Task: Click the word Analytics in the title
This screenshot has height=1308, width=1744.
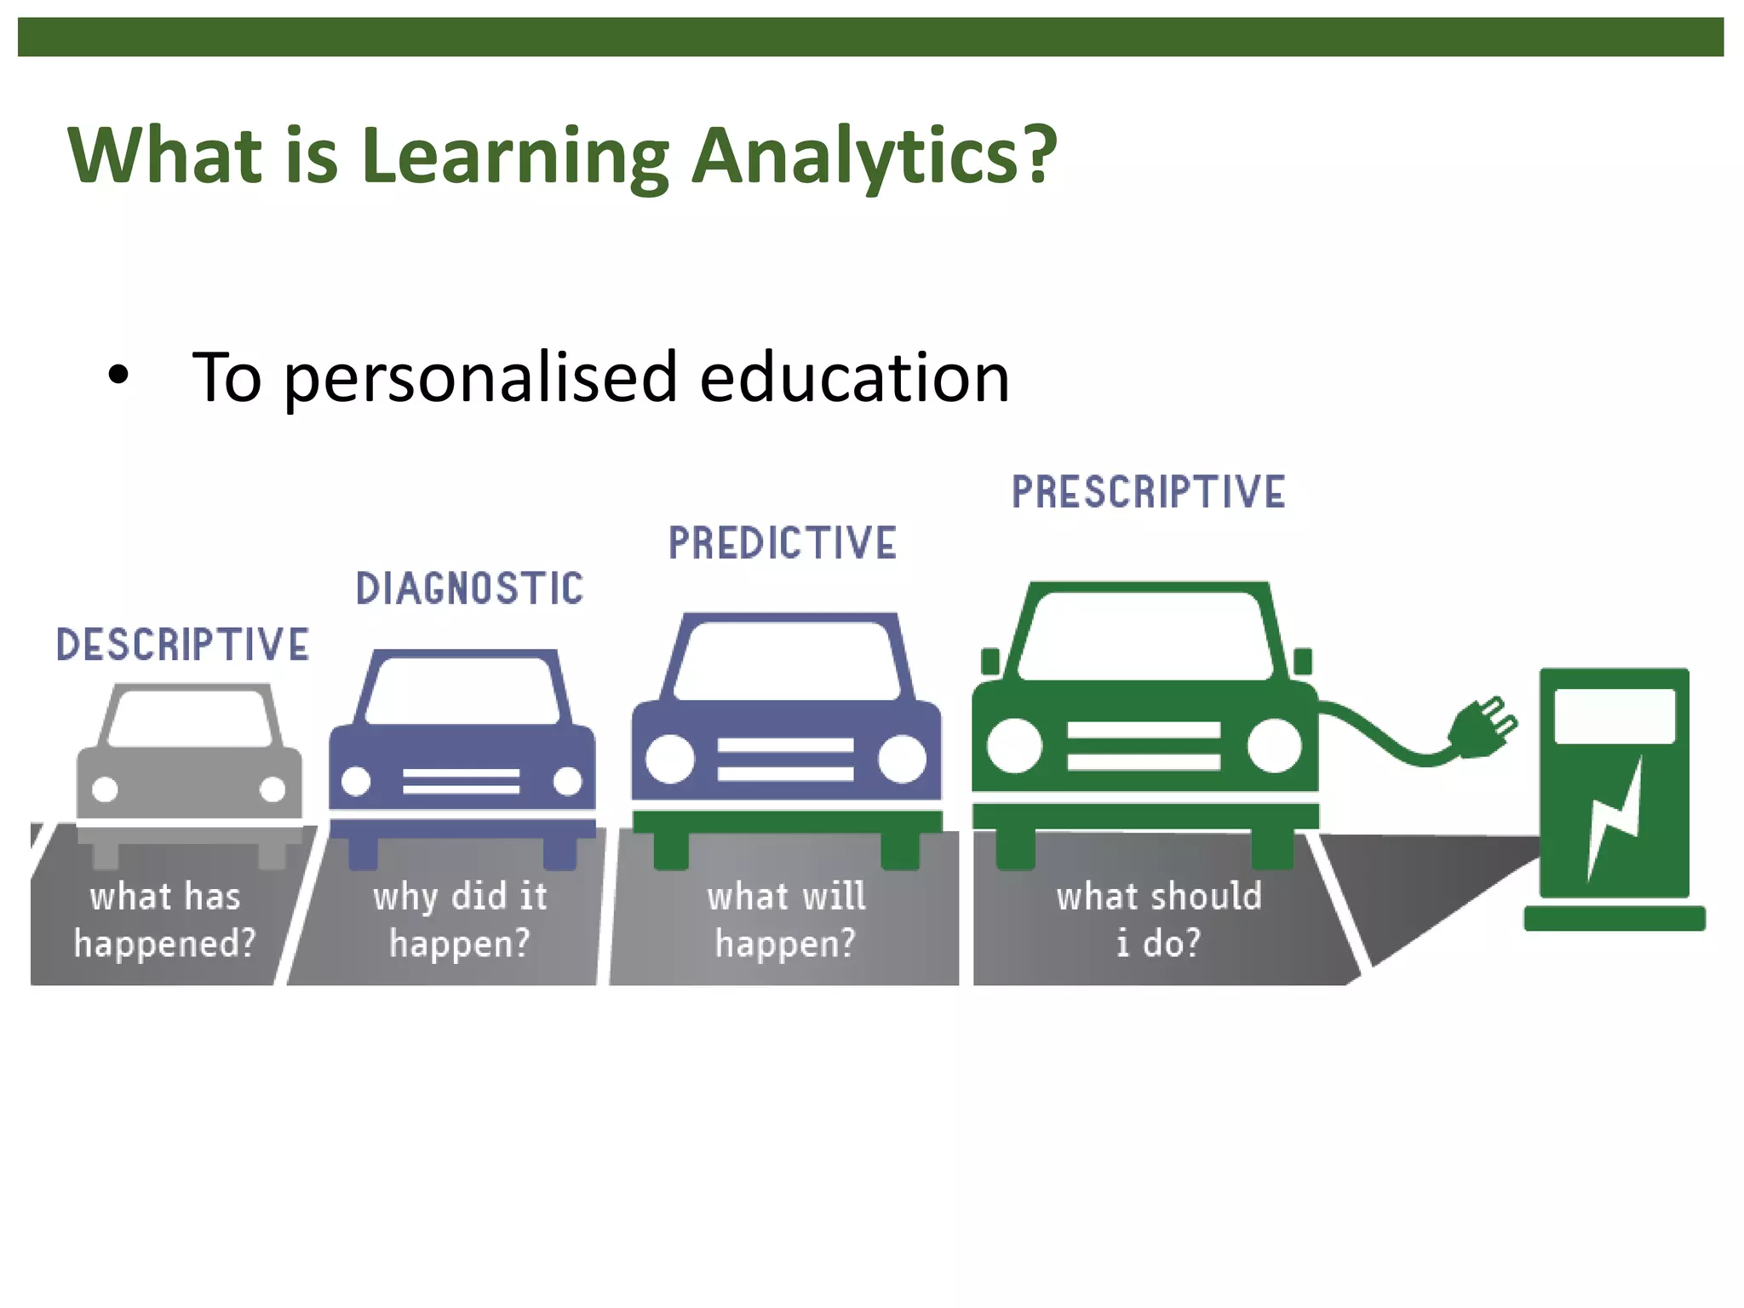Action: pyautogui.click(x=874, y=155)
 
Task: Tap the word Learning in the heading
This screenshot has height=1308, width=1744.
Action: pyautogui.click(x=514, y=157)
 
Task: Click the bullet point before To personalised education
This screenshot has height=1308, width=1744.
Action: pyautogui.click(x=118, y=375)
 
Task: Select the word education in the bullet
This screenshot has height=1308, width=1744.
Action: pyautogui.click(x=854, y=376)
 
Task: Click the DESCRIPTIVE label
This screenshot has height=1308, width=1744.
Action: pyautogui.click(x=182, y=645)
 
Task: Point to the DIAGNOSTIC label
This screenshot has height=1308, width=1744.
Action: pyautogui.click(x=469, y=589)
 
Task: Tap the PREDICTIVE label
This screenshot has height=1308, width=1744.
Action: pyautogui.click(x=782, y=543)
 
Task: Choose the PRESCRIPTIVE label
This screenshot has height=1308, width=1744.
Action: pyautogui.click(x=1148, y=492)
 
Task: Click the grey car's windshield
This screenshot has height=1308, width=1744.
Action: pyautogui.click(x=190, y=718)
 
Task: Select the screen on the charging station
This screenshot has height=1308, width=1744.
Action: pyautogui.click(x=1614, y=715)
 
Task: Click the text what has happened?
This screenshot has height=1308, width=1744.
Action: pyautogui.click(x=164, y=920)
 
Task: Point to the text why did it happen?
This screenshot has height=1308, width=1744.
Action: pyautogui.click(x=460, y=920)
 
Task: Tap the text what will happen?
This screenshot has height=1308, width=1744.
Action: pyautogui.click(x=785, y=920)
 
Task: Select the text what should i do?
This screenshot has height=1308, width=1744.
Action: pyautogui.click(x=1158, y=920)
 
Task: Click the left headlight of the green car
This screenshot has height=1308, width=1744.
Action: pyautogui.click(x=1014, y=745)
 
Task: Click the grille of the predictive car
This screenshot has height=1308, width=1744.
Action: pyautogui.click(x=785, y=759)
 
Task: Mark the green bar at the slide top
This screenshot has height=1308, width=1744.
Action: pyautogui.click(x=870, y=37)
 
